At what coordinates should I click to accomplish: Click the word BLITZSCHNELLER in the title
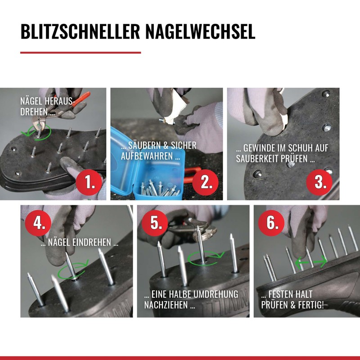[80, 31]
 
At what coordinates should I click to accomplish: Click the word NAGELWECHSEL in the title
[200, 31]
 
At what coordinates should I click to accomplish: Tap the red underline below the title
[81, 53]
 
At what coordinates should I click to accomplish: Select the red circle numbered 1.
[89, 182]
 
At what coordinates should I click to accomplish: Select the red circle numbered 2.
[206, 182]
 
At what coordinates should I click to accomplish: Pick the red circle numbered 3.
[319, 182]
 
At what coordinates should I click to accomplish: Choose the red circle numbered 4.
[38, 223]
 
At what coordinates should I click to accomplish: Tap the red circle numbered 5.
[155, 223]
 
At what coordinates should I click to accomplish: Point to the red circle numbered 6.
[271, 223]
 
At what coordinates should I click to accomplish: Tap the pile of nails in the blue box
[160, 189]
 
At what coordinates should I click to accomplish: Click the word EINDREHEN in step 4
[92, 243]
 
